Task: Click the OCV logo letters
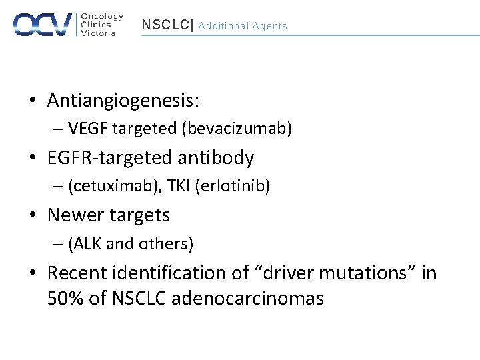43,24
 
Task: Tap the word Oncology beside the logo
101,16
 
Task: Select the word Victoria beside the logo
98,33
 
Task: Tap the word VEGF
84,129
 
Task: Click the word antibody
217,158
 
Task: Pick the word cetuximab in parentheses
104,186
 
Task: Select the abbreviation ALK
87,244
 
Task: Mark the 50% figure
65,298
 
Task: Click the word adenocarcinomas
247,298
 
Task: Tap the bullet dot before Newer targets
32,216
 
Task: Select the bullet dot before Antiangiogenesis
32,101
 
